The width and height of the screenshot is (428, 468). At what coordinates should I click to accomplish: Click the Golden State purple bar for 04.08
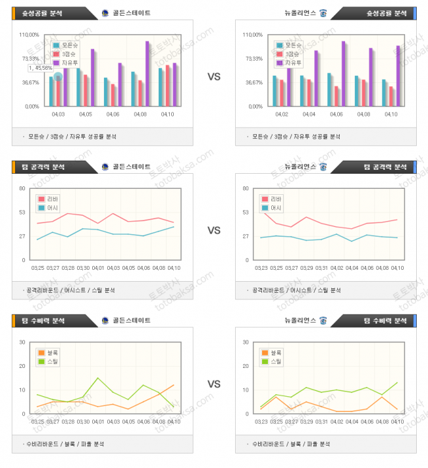[147, 73]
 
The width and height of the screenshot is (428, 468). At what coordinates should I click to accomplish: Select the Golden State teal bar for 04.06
[105, 91]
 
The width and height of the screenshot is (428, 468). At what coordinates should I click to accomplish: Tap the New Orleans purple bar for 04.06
[343, 73]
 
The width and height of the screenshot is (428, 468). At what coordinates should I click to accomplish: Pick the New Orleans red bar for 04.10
[390, 96]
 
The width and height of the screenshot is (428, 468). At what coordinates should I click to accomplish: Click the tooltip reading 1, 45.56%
[41, 68]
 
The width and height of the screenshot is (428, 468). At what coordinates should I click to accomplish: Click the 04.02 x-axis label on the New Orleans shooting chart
[281, 115]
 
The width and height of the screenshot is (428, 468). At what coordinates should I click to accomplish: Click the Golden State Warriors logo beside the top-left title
[105, 13]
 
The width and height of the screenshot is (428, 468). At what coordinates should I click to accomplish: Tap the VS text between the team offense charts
[214, 230]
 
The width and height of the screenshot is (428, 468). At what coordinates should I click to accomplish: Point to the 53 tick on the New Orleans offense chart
[246, 212]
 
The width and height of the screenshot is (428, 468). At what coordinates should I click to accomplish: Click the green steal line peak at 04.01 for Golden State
[98, 378]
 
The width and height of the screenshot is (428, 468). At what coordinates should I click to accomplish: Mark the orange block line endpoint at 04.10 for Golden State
[174, 385]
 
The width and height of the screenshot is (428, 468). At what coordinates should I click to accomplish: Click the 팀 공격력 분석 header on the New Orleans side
[385, 167]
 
